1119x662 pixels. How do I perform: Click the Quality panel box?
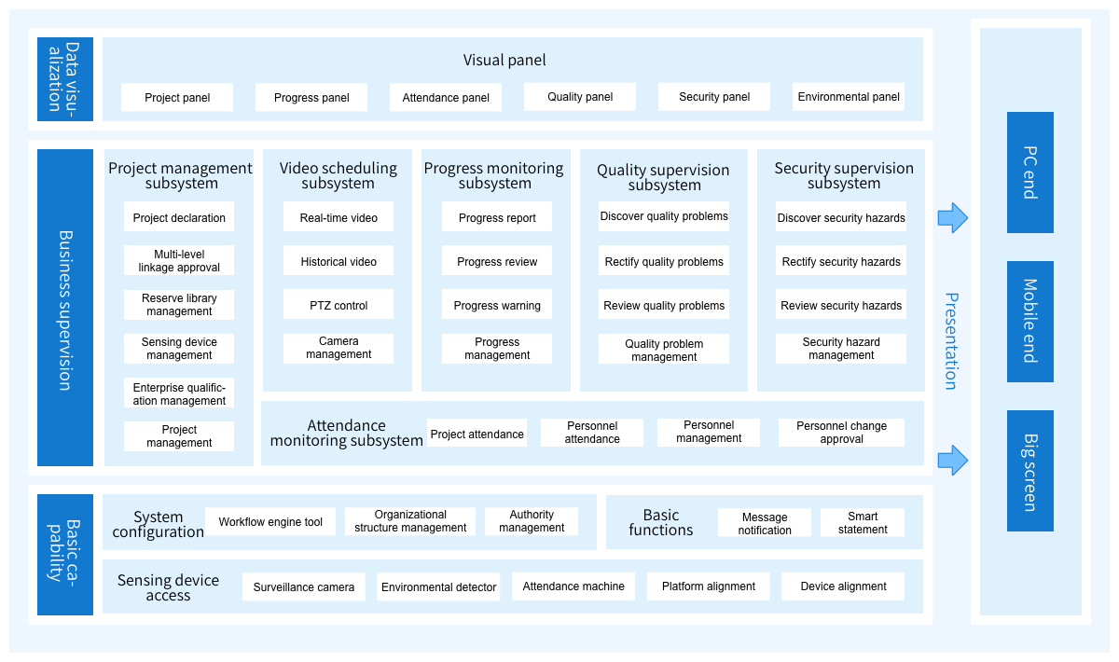[579, 97]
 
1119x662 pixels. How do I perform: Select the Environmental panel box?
[849, 97]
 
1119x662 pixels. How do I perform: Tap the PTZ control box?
[338, 304]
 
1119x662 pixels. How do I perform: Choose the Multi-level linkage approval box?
[179, 260]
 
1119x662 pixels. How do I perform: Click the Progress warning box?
[496, 304]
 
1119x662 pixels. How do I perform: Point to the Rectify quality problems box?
[663, 260]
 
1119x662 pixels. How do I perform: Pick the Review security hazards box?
[841, 304]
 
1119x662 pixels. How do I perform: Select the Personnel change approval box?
[841, 433]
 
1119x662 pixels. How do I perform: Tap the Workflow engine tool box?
[270, 521]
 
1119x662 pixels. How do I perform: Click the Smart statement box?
[863, 522]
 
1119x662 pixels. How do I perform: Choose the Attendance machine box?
[573, 586]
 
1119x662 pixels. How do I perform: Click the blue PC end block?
[1030, 172]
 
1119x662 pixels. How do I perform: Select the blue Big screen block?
[1030, 471]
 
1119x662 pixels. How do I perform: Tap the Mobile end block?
[1030, 322]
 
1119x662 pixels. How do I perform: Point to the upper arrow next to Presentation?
[953, 218]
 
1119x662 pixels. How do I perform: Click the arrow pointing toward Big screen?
[953, 461]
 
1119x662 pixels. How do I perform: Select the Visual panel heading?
[504, 60]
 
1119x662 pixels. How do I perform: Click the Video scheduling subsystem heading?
[338, 175]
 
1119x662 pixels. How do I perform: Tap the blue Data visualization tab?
[65, 79]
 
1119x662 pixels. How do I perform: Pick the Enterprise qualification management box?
[179, 393]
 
